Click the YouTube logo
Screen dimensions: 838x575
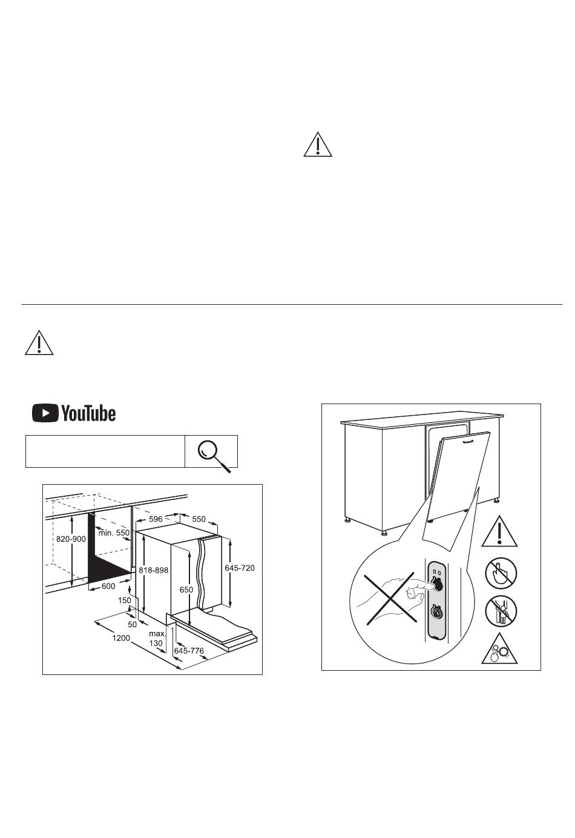point(74,413)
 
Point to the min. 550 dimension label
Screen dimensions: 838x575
point(114,533)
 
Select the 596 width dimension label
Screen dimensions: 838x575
point(156,519)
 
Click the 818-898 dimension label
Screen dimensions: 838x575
point(153,570)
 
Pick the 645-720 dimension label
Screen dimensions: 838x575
point(240,568)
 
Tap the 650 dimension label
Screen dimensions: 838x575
point(186,590)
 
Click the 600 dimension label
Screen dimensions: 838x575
point(108,586)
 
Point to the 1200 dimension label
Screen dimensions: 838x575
point(122,638)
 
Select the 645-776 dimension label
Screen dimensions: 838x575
point(189,651)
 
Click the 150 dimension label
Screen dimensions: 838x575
point(125,600)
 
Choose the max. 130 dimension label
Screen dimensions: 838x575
point(157,638)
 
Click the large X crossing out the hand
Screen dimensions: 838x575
point(390,599)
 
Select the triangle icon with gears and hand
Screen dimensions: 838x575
point(499,650)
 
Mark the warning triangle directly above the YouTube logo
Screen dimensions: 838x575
point(39,342)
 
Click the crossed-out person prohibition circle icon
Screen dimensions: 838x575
point(501,611)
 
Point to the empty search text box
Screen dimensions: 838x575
point(105,451)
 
